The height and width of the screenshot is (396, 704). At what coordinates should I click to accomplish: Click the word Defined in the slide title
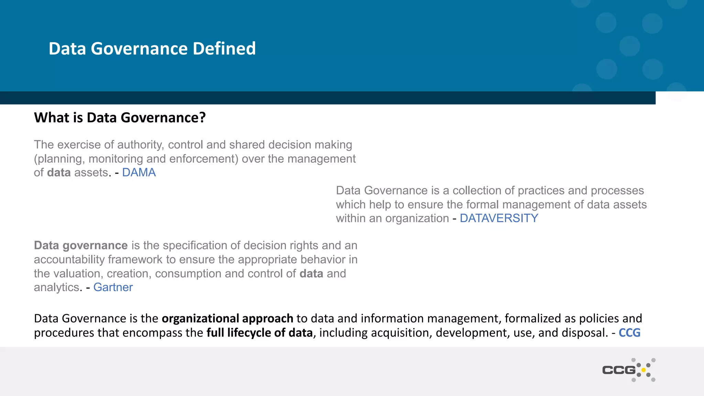(224, 48)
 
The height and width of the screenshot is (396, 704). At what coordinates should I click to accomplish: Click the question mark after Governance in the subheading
(202, 118)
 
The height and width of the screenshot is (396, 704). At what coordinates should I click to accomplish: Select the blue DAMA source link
(139, 173)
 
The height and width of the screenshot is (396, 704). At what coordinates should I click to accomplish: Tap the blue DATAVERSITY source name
(499, 218)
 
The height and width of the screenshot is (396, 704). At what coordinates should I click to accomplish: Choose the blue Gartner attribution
(113, 287)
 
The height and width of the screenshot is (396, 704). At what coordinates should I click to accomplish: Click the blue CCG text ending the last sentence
(629, 333)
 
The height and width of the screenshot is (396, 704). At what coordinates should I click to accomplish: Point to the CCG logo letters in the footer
(619, 370)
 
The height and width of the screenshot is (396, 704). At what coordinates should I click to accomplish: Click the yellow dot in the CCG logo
(643, 370)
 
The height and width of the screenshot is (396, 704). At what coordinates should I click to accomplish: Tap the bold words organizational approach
(227, 319)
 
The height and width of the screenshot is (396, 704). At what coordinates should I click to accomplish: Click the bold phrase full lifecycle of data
(260, 333)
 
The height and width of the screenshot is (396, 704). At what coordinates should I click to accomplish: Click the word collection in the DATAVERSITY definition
(475, 190)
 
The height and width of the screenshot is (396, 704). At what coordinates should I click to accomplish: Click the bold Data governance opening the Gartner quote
(81, 245)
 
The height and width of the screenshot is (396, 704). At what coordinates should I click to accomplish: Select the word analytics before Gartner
(56, 287)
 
